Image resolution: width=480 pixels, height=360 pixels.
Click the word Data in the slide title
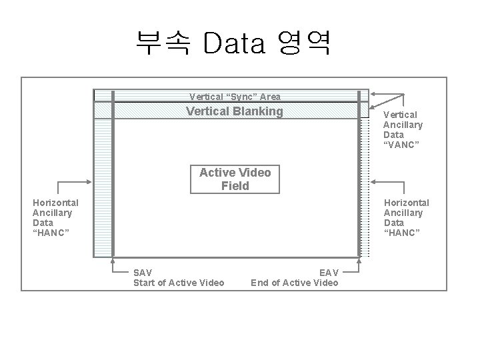tap(234, 44)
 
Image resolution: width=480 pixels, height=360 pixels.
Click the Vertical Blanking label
tap(235, 111)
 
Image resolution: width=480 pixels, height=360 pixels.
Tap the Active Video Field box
tap(235, 179)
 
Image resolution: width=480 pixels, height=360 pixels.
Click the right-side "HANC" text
tap(402, 233)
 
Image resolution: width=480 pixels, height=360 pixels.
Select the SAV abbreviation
tap(143, 273)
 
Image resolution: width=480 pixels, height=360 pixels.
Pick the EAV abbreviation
tap(329, 273)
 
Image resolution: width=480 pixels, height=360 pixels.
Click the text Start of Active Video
tap(179, 283)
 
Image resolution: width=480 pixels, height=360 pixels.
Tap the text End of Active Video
tap(294, 283)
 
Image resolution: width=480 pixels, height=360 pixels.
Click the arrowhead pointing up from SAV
tap(113, 260)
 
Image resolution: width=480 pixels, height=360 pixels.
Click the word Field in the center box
tap(235, 186)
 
